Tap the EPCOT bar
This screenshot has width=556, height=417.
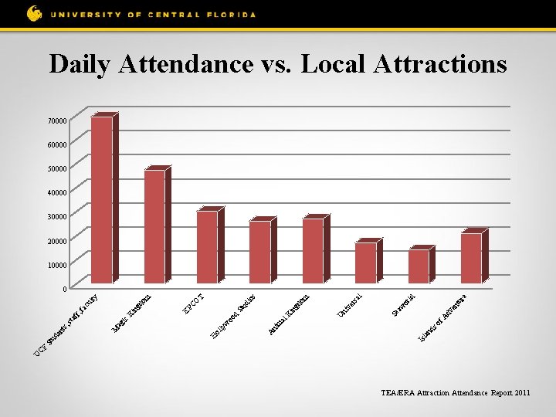pyautogui.click(x=207, y=246)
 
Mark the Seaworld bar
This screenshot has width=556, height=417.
pyautogui.click(x=418, y=266)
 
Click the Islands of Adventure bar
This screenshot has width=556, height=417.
pyautogui.click(x=471, y=258)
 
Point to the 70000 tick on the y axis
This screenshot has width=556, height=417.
pyautogui.click(x=56, y=121)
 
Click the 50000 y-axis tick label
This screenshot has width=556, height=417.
pyautogui.click(x=56, y=169)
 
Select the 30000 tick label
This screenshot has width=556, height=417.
pyautogui.click(x=56, y=217)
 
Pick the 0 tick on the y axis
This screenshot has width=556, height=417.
pyautogui.click(x=64, y=290)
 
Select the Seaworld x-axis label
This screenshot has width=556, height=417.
pyautogui.click(x=405, y=304)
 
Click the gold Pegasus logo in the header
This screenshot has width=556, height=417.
pyautogui.click(x=35, y=13)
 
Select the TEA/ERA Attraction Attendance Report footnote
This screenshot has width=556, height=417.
pyautogui.click(x=456, y=393)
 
